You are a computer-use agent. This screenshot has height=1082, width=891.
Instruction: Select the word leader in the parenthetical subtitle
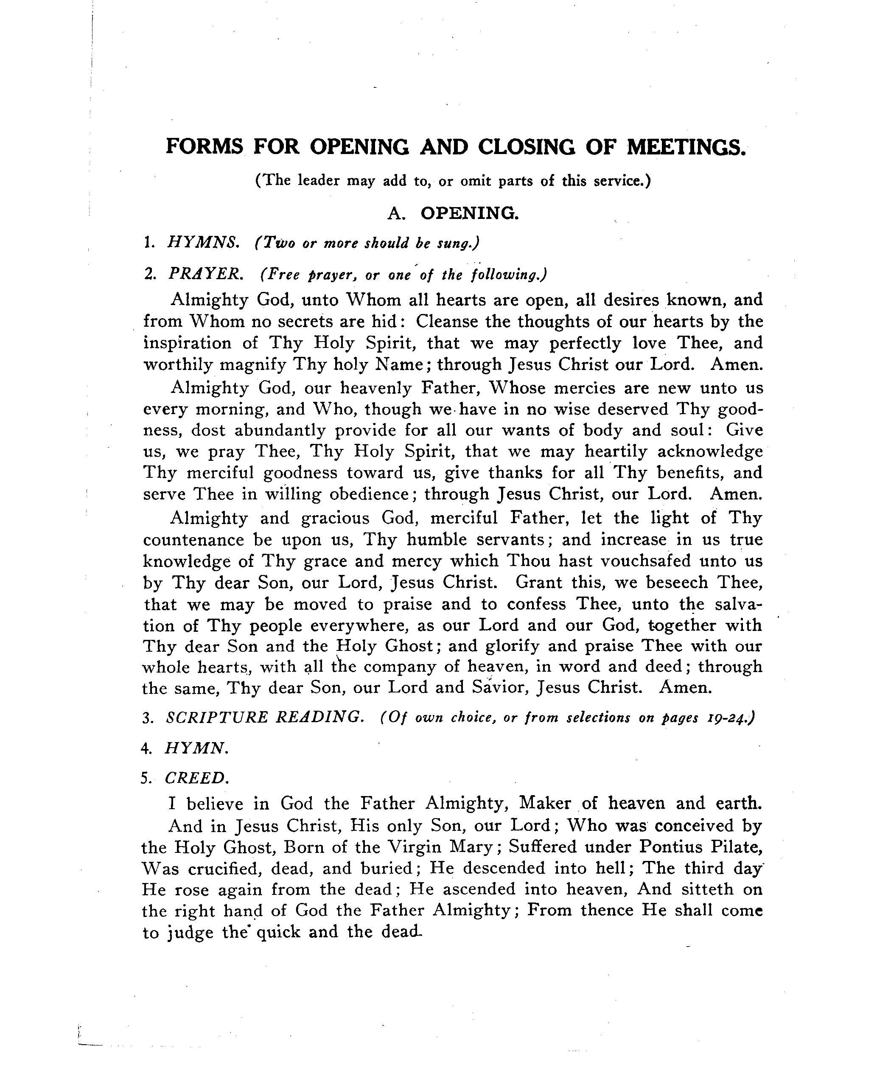click(318, 181)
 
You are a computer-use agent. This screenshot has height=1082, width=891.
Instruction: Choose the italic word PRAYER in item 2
click(204, 274)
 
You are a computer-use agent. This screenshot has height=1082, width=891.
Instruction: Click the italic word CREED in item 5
click(196, 778)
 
